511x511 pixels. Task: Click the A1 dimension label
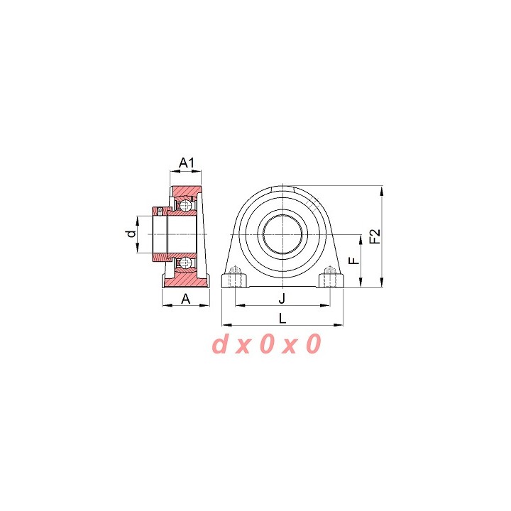[x=187, y=163]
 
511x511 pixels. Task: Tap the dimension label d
[x=131, y=233]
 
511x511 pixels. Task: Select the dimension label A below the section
[x=185, y=298]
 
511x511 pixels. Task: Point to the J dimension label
[x=282, y=298]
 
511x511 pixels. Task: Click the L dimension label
[x=282, y=318]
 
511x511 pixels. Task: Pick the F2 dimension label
[x=375, y=236]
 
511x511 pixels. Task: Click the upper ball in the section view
[x=185, y=206]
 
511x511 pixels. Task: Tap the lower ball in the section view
[x=185, y=262]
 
